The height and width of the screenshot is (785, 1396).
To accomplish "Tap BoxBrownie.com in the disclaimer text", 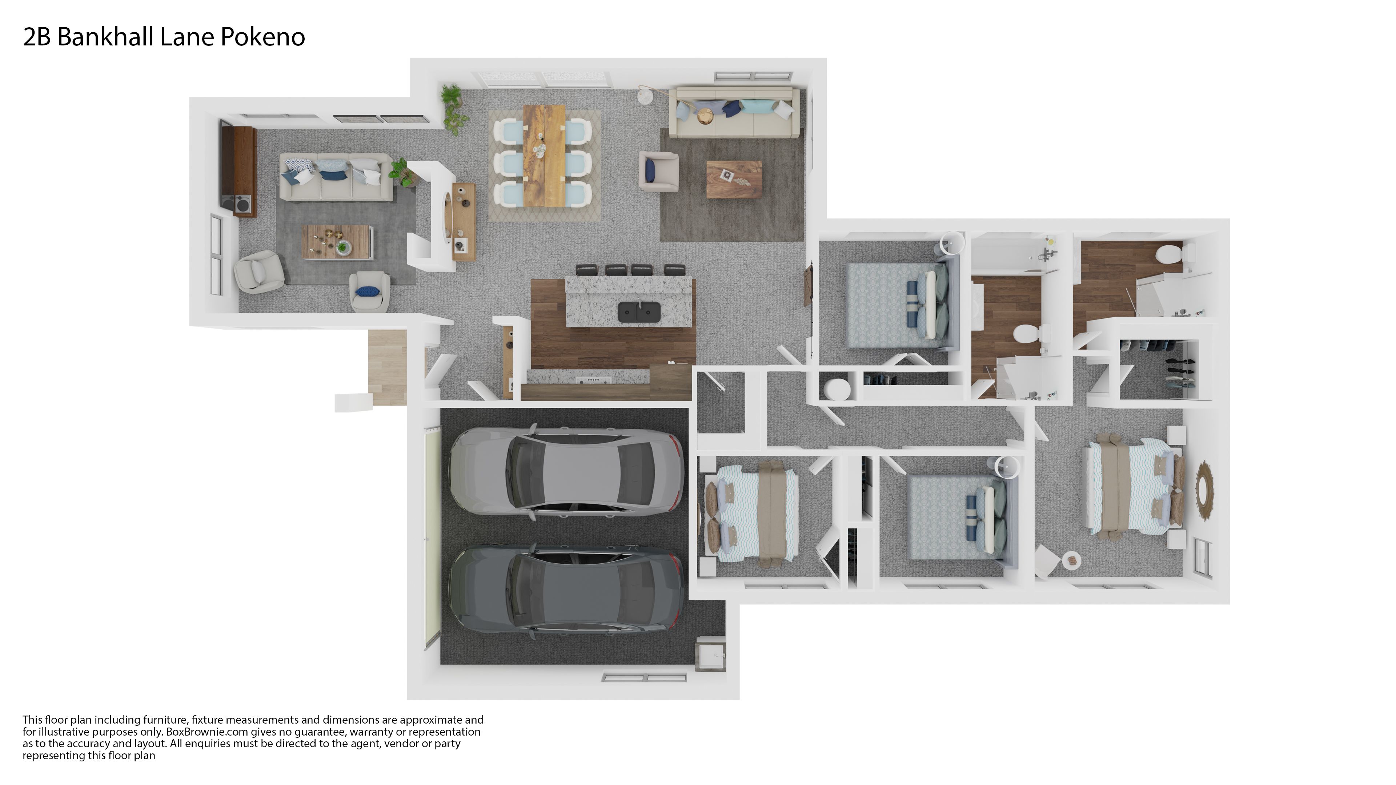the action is click(x=207, y=732).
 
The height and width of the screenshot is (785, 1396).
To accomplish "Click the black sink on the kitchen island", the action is click(x=639, y=311).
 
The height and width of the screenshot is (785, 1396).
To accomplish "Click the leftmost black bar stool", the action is click(x=586, y=269).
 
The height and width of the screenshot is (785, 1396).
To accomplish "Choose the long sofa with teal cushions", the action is click(x=734, y=113).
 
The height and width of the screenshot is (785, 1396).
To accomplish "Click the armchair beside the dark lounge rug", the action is click(x=658, y=171).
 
